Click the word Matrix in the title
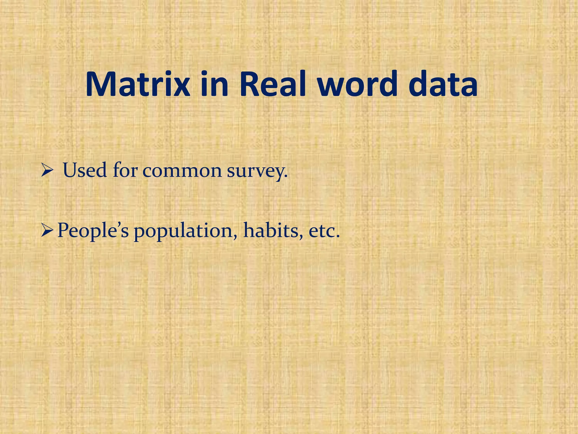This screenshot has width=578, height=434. [x=137, y=84]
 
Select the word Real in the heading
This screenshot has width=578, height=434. [x=273, y=84]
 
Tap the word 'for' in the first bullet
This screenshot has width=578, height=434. [x=125, y=170]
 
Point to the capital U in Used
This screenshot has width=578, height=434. [x=71, y=170]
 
